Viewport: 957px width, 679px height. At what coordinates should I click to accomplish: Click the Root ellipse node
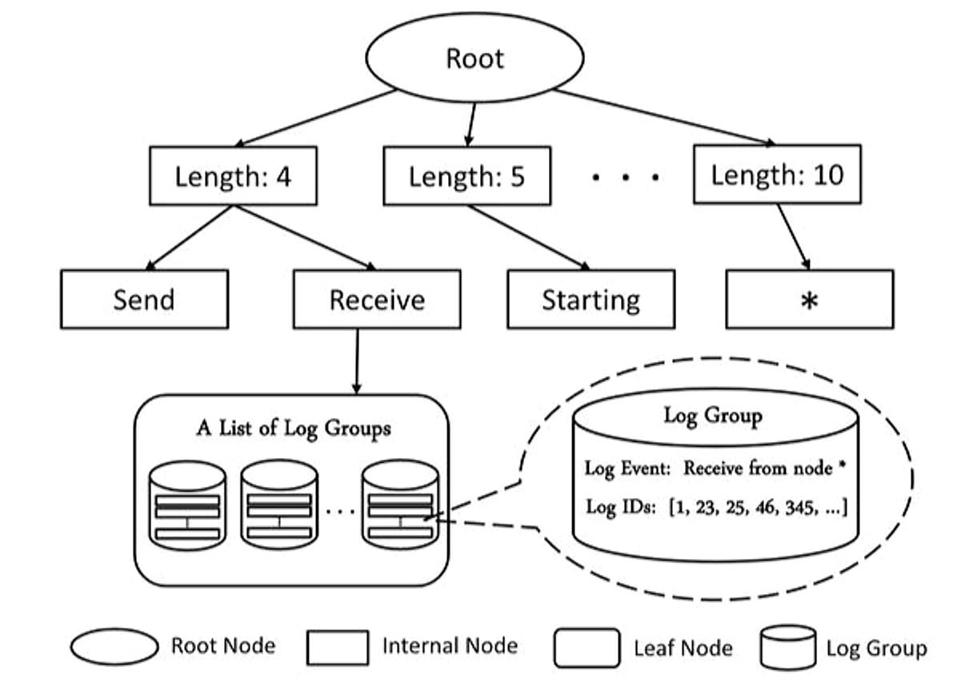(x=474, y=58)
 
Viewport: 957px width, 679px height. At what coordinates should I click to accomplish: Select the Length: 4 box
(x=233, y=175)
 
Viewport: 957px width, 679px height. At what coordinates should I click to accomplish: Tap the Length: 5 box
(x=466, y=175)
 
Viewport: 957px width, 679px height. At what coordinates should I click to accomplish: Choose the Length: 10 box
(x=777, y=174)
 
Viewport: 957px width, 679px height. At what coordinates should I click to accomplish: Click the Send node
(x=144, y=299)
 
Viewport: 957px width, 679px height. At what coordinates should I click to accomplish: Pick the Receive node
(x=377, y=299)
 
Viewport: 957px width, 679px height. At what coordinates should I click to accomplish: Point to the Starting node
(x=591, y=299)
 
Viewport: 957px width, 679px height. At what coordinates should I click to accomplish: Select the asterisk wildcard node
(x=809, y=299)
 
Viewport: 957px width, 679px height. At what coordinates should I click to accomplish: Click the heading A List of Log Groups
(x=294, y=428)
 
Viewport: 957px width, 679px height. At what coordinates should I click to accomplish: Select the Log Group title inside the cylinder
(x=712, y=416)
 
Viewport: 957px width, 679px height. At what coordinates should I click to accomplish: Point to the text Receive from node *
(x=765, y=468)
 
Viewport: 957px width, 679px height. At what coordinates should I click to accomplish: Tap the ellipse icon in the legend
(x=114, y=646)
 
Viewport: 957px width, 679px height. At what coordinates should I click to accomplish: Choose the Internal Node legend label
(x=450, y=645)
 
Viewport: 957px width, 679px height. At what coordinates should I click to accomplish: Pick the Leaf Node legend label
(x=683, y=647)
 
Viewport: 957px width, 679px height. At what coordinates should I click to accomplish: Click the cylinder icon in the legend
(x=787, y=647)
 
